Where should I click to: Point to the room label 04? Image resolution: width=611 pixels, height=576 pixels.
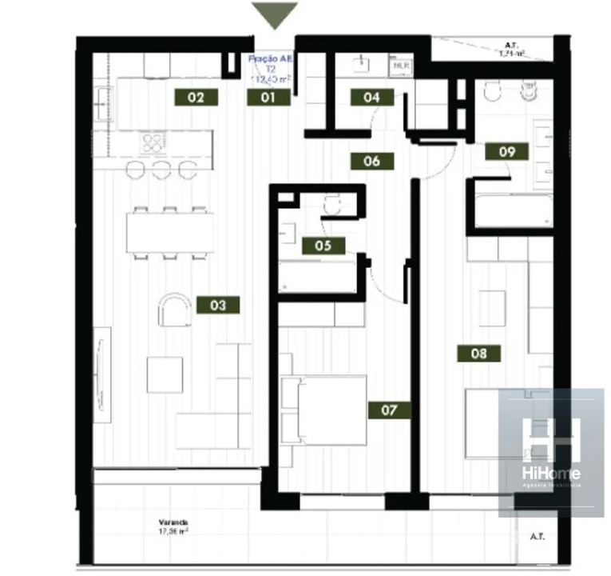371,98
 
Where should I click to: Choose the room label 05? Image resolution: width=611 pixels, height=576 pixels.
323,246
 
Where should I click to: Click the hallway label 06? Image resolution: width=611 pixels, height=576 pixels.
371,161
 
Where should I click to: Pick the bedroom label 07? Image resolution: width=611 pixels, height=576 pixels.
389,410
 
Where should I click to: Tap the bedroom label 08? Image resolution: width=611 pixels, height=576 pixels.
478,353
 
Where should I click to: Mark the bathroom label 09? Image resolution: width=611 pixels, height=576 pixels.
506,150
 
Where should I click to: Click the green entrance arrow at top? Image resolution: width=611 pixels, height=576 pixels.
275,14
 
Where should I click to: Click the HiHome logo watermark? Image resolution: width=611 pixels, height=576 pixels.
550,449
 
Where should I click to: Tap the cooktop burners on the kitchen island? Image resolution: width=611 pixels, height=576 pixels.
153,143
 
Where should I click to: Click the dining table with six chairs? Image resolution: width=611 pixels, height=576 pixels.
169,233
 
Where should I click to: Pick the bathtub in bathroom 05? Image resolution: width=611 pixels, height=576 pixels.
317,275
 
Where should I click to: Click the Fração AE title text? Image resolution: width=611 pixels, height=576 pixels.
270,59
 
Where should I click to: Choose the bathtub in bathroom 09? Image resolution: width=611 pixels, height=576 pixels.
512,211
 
